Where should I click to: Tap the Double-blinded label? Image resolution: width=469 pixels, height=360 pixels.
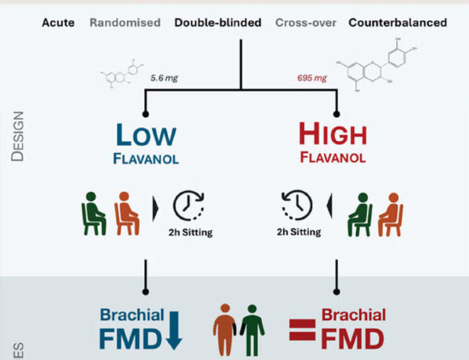[218, 23]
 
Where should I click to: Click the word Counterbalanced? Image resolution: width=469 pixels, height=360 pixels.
[397, 23]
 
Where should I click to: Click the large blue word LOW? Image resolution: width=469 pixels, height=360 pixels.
[145, 135]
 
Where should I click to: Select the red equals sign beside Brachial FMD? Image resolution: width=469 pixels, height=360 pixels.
[302, 328]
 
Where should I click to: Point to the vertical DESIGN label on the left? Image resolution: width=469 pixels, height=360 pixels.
[18, 136]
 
